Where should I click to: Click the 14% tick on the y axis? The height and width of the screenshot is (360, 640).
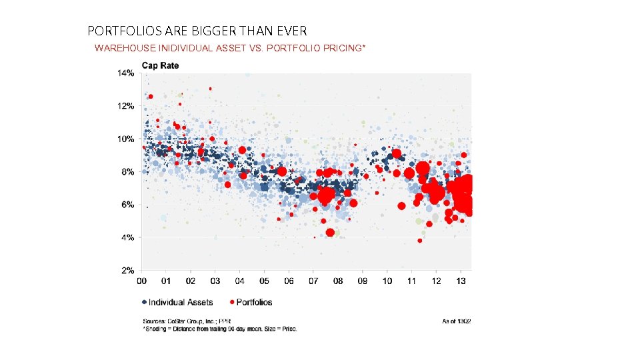pos(127,73)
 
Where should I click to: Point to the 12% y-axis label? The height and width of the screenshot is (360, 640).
pos(127,106)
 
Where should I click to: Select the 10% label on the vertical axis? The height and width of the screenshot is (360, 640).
pos(127,139)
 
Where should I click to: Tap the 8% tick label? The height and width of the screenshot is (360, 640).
pos(129,172)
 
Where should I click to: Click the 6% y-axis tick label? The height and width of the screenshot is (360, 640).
pos(129,205)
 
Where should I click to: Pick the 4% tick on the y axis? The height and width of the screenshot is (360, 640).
pos(129,237)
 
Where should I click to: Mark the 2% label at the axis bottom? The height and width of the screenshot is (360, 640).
pos(129,271)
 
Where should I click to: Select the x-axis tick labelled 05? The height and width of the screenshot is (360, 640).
pos(265,281)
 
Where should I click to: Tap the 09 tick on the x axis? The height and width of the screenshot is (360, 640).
pos(363,281)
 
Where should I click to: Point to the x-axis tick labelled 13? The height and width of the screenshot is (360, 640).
pos(461,281)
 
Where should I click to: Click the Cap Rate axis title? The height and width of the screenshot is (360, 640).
pos(159,65)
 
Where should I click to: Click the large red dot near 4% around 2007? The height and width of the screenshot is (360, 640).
pos(330,233)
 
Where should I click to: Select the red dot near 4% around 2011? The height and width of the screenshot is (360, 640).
pos(419,241)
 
